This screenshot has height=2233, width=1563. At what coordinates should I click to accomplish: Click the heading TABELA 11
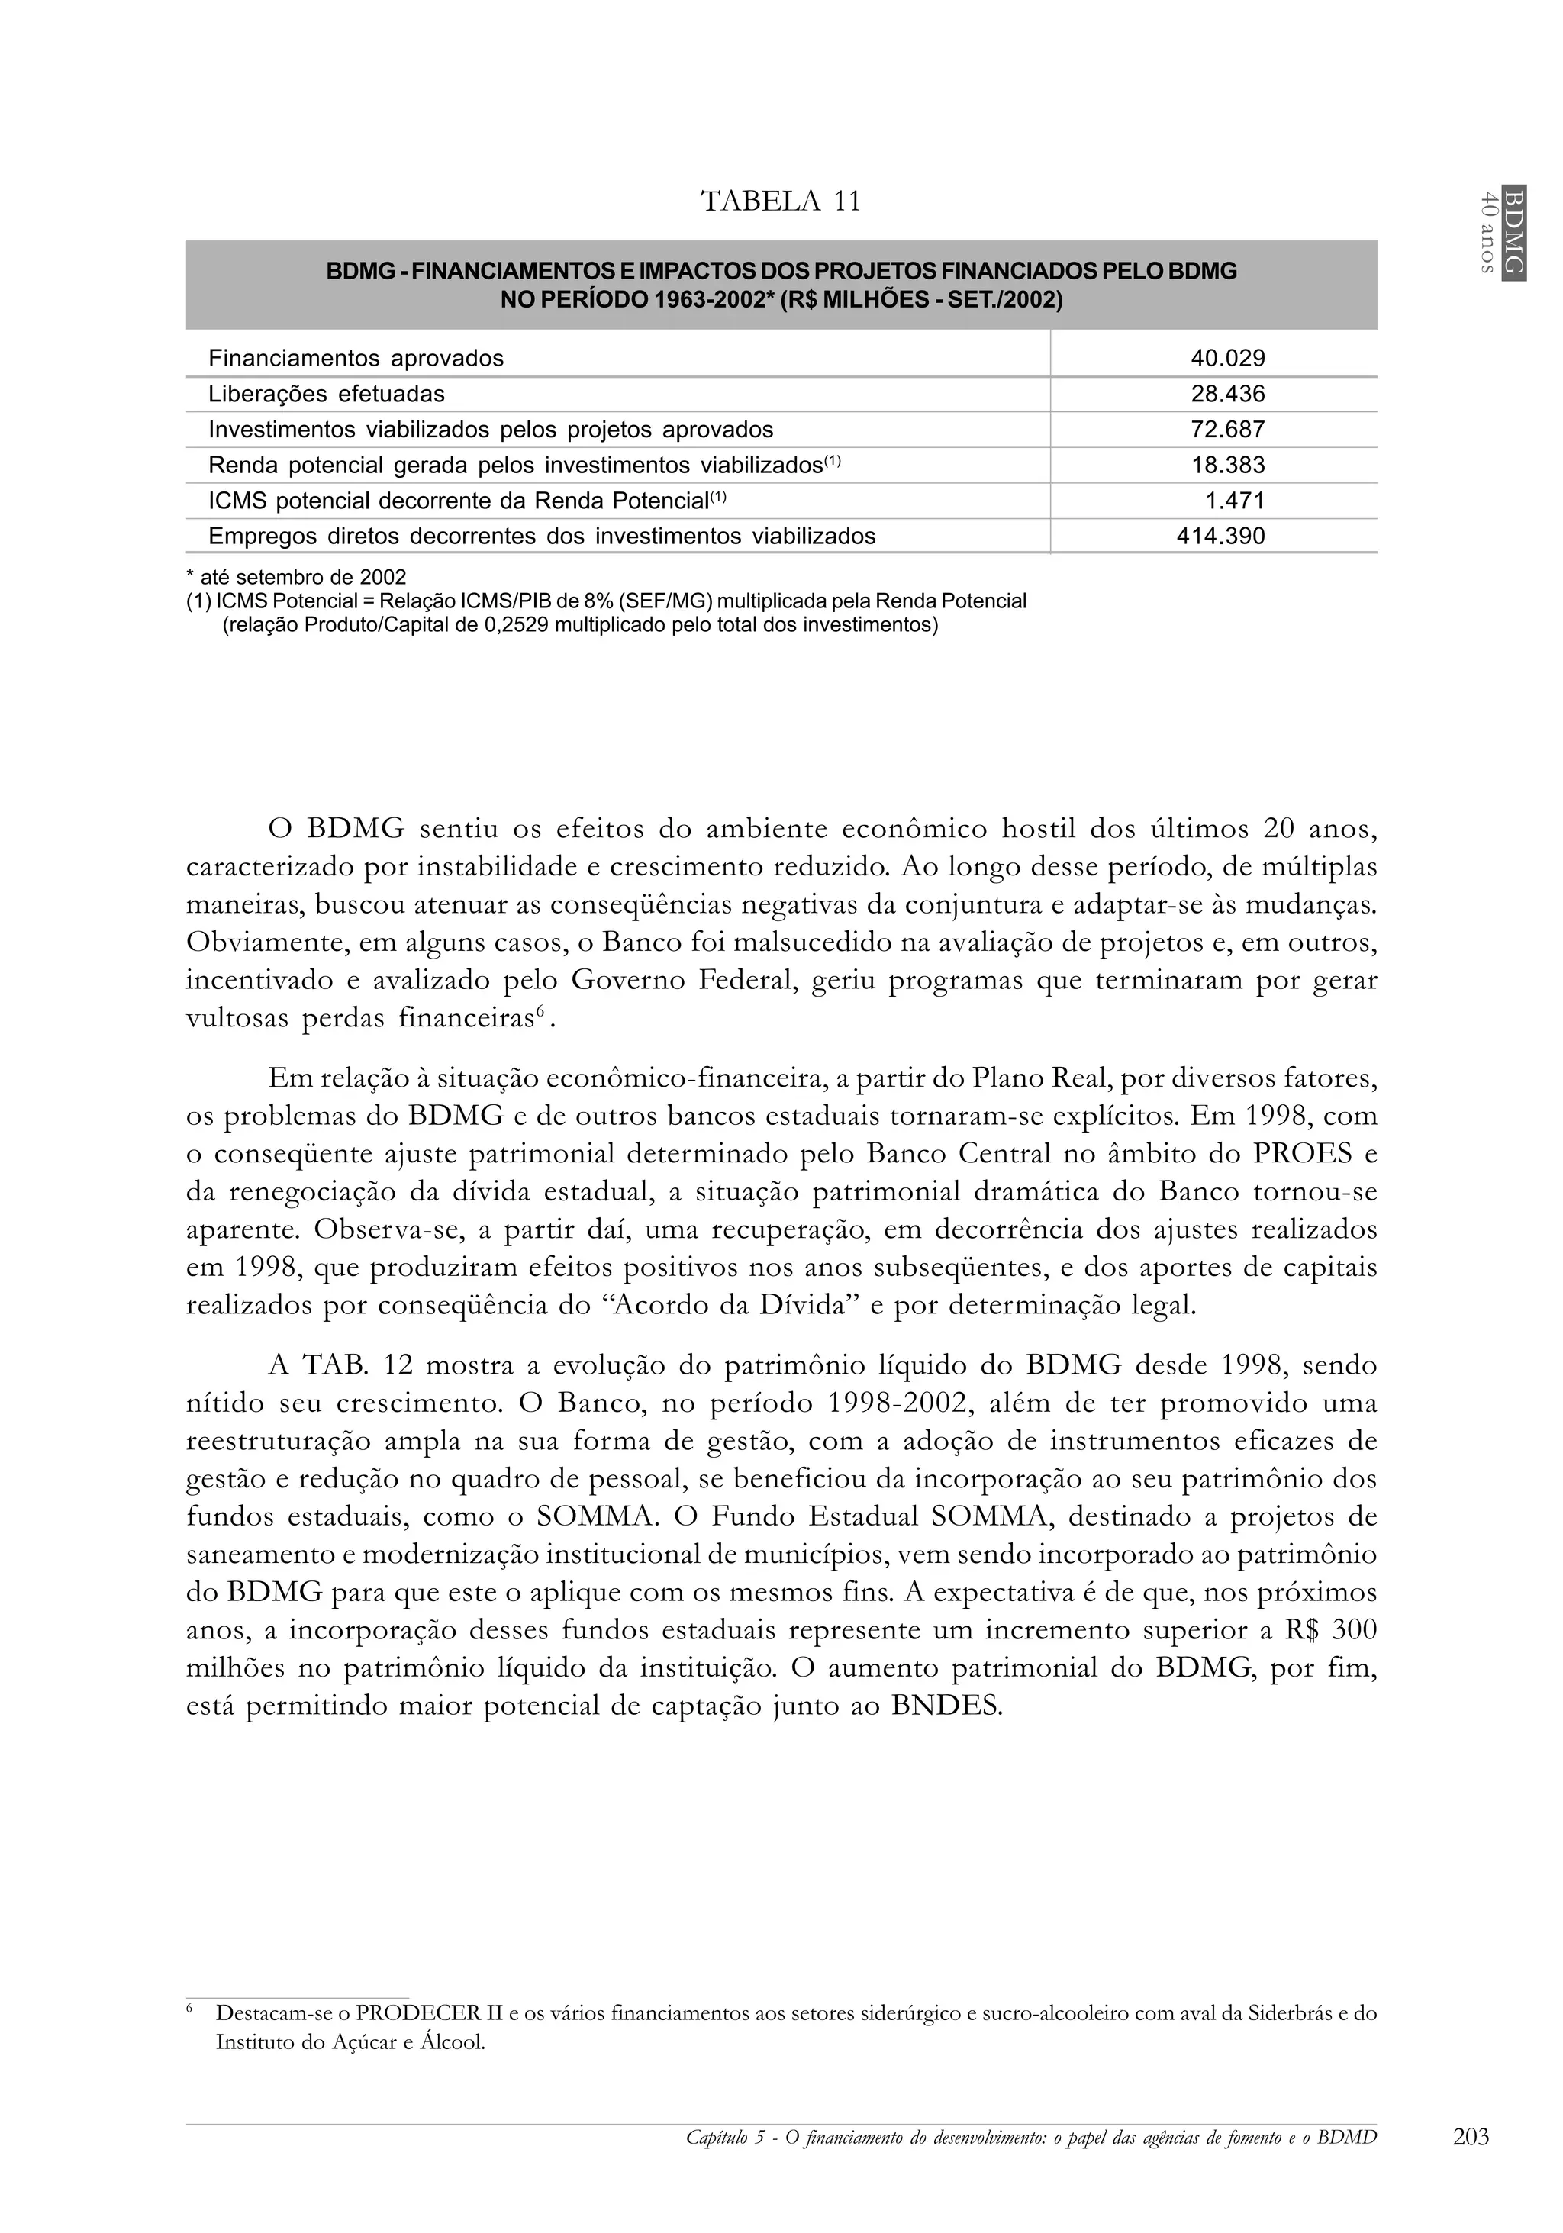coord(781,201)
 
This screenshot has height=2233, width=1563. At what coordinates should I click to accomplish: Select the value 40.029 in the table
coord(1227,359)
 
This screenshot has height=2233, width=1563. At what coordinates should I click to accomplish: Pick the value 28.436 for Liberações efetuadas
coord(1227,394)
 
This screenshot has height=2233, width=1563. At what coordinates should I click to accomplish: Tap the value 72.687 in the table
coord(1227,430)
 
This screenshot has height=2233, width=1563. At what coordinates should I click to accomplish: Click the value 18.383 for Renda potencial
coord(1227,465)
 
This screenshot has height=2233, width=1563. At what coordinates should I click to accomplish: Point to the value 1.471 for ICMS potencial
coord(1236,501)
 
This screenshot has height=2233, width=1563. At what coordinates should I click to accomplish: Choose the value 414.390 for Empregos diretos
coord(1220,536)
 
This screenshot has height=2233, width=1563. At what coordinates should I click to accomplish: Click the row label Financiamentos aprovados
coord(356,359)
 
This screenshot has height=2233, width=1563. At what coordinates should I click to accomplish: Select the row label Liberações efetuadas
coord(327,394)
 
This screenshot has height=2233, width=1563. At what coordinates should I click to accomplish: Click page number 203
coord(1471,2137)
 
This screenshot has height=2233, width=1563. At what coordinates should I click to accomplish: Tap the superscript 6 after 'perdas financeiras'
coord(540,1013)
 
